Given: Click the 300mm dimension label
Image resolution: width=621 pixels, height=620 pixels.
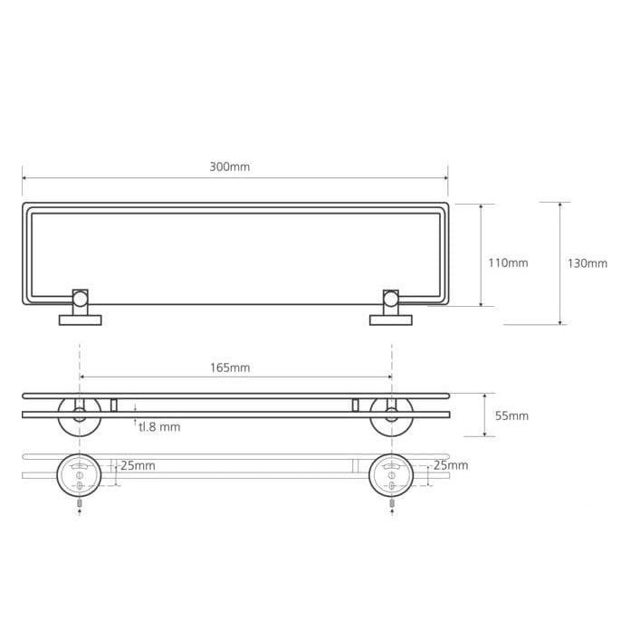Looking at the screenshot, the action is (230, 167).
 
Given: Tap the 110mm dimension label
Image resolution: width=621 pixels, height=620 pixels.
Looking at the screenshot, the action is (508, 262).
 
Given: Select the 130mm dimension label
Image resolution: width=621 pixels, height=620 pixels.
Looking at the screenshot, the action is (588, 263).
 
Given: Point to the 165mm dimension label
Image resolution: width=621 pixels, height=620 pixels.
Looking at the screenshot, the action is (230, 367).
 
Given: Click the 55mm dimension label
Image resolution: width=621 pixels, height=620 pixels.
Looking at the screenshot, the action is (511, 415).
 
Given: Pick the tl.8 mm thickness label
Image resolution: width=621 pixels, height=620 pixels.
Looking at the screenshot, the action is (159, 427).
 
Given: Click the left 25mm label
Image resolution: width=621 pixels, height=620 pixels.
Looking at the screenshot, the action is (138, 465).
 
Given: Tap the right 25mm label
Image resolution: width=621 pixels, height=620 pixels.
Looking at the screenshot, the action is (451, 465).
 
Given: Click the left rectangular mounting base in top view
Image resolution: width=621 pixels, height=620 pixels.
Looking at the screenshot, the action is (81, 320).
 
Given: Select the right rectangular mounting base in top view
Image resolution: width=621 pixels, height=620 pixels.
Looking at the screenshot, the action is (391, 320).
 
